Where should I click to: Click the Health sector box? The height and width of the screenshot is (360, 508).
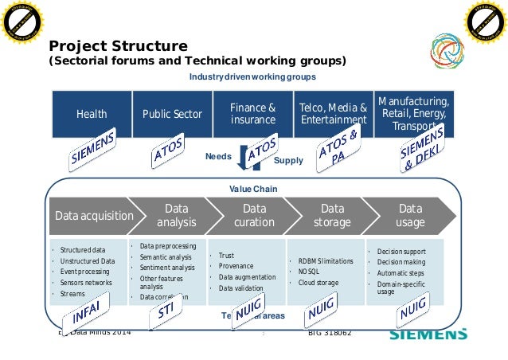92,114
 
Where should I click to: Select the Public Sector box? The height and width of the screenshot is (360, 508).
172,114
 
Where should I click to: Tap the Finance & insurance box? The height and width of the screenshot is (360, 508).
253,114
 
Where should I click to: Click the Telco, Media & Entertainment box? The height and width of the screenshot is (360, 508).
333,114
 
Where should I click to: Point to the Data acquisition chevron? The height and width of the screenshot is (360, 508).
89,216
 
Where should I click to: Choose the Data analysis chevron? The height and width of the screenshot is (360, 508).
176,215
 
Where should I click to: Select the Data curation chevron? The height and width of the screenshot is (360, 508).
254,215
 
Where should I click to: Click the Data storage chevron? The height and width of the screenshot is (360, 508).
332,215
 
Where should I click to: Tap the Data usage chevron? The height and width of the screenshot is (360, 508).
411,215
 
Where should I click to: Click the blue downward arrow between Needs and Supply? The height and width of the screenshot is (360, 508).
244,158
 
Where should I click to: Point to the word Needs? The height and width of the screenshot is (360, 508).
218,157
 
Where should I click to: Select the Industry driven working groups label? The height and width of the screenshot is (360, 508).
252,76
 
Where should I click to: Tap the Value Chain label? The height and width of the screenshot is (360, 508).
253,189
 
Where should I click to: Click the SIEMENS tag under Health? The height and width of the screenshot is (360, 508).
93,149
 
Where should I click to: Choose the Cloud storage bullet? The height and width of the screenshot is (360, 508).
318,283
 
